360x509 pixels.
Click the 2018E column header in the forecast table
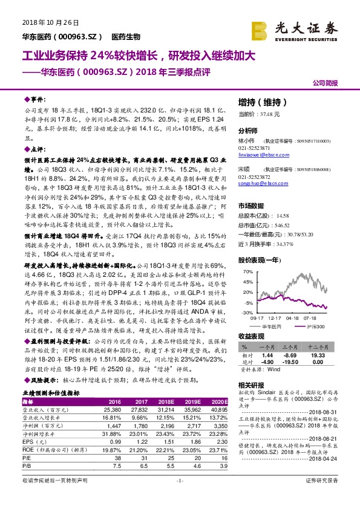click(165, 401)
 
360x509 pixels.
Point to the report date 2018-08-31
click(330, 410)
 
